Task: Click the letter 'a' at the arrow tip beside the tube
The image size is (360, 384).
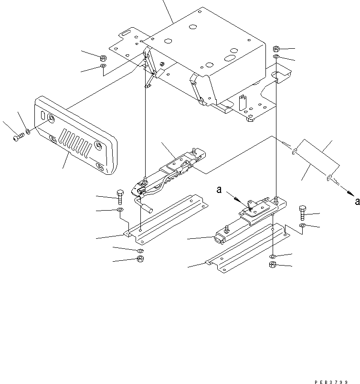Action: [357, 201]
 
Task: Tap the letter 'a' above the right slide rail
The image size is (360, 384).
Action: [219, 190]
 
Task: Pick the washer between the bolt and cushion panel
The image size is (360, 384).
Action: [29, 130]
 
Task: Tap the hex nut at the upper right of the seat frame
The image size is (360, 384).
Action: [276, 49]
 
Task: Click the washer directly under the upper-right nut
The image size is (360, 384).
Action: [276, 57]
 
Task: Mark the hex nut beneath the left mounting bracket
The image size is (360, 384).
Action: [140, 259]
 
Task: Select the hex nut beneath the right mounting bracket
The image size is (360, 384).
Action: [272, 265]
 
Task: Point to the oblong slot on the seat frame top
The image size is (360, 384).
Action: [230, 58]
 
